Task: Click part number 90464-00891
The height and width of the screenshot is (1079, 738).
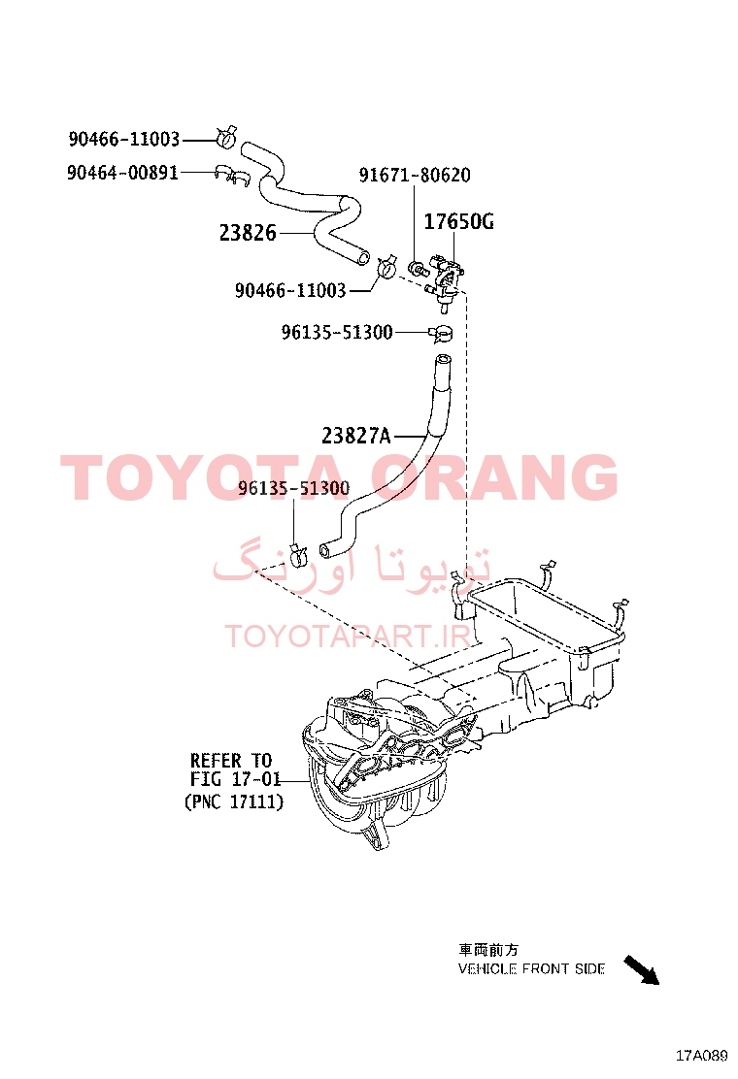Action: pos(122,172)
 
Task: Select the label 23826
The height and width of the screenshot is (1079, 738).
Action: pos(248,233)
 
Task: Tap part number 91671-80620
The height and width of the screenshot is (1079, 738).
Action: pos(415,175)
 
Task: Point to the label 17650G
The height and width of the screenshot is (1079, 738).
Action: pos(458,221)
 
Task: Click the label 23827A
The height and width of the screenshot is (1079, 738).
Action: pos(356,436)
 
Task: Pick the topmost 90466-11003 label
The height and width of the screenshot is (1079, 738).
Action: pos(124,139)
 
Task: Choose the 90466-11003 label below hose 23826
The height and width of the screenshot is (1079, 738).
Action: pos(290,290)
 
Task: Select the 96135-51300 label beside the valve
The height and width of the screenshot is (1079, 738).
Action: pos(337,333)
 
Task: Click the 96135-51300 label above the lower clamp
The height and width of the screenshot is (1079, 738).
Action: pos(294,488)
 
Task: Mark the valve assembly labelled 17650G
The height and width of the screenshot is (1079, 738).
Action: pos(444,278)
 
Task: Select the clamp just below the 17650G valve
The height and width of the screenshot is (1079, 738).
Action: pos(441,335)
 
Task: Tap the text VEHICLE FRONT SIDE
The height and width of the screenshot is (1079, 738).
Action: pos(531,969)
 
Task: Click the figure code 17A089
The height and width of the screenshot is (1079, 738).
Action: pos(701,1055)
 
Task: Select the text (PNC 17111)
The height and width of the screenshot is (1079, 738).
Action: pos(234,801)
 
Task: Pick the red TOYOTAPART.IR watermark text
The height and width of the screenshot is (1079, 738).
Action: pos(348,637)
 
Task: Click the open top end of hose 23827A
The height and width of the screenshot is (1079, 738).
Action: pos(443,358)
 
